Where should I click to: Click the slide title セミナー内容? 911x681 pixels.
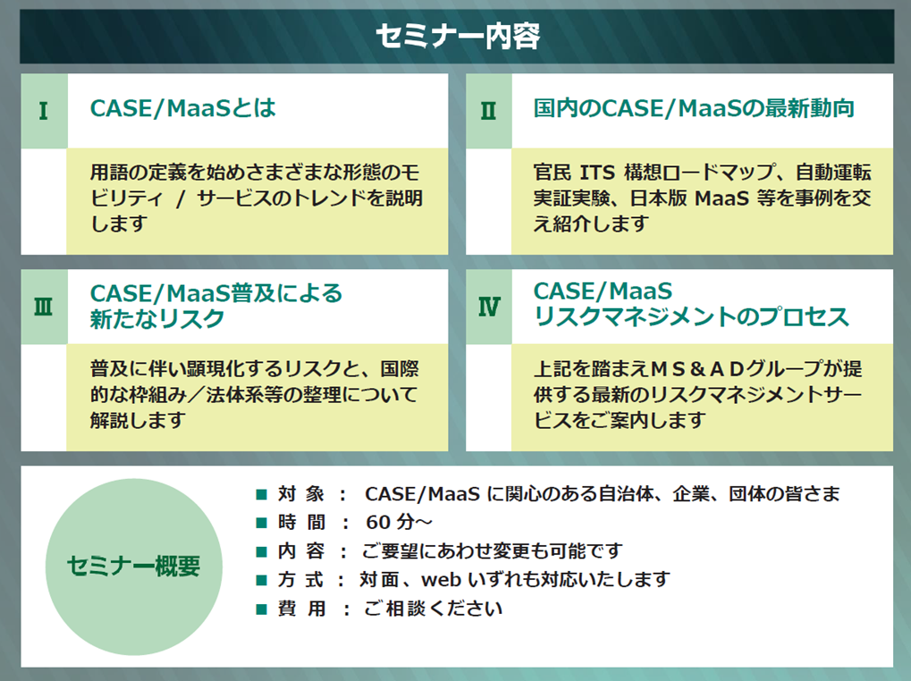coord(458,36)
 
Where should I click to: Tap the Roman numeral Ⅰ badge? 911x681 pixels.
coord(44,110)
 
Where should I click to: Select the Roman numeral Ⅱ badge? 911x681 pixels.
coord(489,110)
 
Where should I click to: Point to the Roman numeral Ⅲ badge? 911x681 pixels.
coord(44,307)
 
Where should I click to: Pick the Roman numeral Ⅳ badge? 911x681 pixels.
coord(489,307)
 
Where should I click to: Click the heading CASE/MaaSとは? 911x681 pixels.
coord(183,108)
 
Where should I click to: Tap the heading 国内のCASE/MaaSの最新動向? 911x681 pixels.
coord(694,108)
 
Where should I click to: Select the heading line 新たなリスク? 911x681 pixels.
coord(156,319)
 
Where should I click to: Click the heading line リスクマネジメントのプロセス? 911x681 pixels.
coord(691,317)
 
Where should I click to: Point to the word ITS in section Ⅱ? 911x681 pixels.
coord(597,172)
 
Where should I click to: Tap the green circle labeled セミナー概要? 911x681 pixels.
coord(133,567)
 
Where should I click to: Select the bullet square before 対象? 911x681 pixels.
coord(261,494)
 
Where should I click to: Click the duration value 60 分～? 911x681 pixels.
coord(399,523)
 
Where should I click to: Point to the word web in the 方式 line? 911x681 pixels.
coord(442,580)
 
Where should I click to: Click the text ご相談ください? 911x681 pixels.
coord(433,609)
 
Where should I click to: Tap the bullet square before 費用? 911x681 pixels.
coord(261,609)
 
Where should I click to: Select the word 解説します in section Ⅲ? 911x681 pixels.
coord(139,420)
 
